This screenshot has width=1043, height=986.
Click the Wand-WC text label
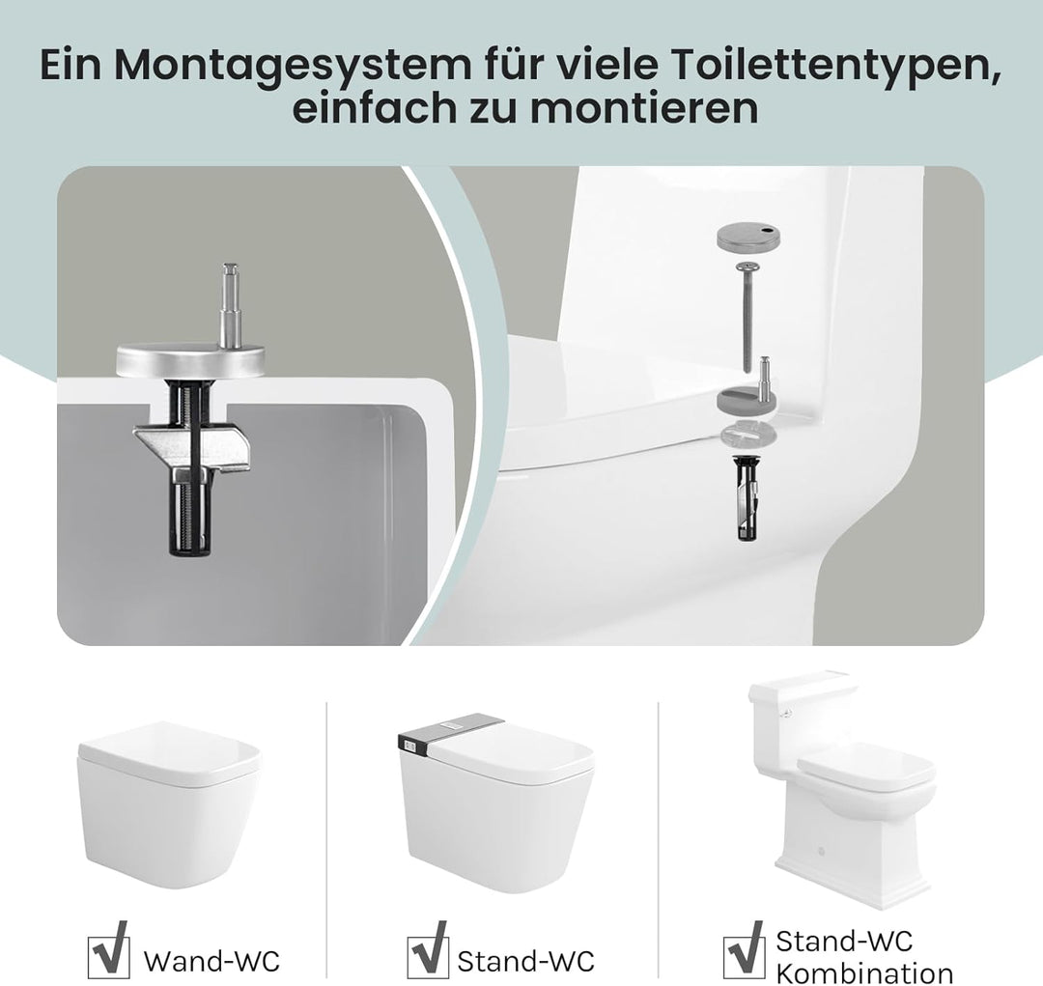click(211, 961)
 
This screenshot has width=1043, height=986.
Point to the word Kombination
click(864, 972)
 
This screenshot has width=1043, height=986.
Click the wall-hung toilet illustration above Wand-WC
click(168, 801)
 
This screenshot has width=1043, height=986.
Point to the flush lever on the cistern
click(788, 715)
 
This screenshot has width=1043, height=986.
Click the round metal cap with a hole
click(746, 237)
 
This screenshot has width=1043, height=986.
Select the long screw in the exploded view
click(746, 315)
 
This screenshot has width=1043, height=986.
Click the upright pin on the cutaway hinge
click(229, 304)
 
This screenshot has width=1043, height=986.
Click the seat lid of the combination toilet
click(866, 765)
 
